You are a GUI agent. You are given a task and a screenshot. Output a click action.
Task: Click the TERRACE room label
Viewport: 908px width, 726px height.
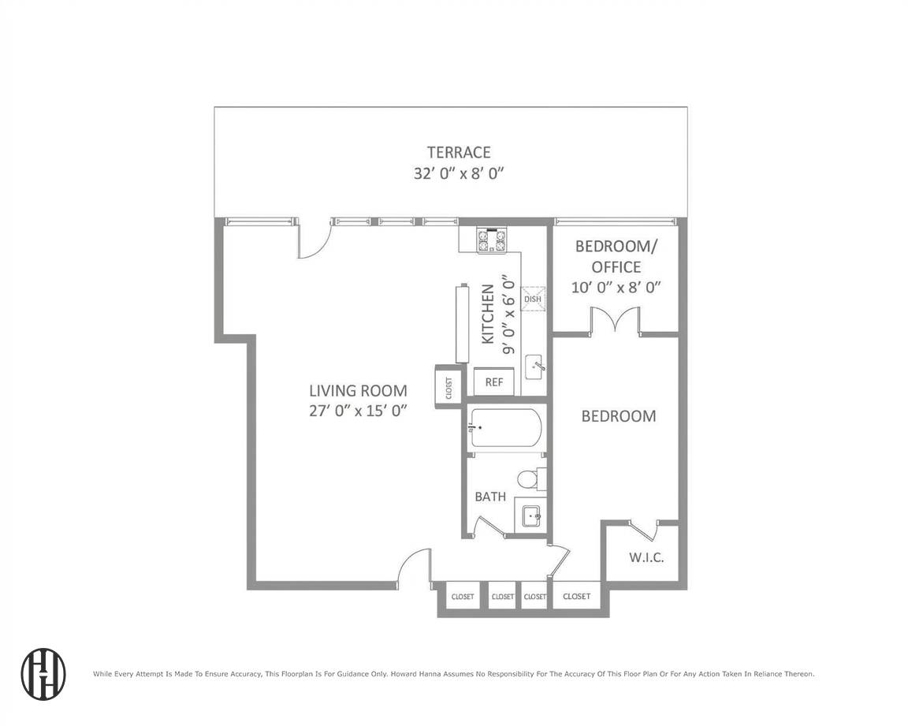point(459,152)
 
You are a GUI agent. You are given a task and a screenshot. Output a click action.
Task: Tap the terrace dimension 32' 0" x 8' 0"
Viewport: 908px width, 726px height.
point(459,173)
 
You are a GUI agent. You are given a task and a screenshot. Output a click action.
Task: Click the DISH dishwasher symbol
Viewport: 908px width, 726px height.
point(533,298)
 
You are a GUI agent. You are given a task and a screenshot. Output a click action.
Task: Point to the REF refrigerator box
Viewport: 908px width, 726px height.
point(494,382)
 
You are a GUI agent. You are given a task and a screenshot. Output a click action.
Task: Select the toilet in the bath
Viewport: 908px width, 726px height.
point(530,478)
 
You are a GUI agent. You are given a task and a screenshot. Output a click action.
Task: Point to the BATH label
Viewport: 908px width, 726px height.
point(490,497)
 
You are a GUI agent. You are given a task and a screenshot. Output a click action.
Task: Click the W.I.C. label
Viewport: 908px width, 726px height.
point(646,558)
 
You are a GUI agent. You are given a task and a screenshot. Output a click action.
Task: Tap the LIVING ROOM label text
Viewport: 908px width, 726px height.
point(358,390)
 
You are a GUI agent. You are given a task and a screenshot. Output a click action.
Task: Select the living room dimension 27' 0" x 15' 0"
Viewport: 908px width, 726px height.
point(358,410)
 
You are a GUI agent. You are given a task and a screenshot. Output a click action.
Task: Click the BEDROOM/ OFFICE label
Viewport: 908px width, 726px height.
point(616,256)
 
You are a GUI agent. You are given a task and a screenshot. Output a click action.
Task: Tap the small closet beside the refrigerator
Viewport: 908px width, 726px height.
point(448,386)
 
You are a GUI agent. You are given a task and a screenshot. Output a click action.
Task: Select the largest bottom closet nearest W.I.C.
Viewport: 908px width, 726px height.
point(576,597)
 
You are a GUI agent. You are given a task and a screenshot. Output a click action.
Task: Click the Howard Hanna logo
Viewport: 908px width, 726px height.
point(43,674)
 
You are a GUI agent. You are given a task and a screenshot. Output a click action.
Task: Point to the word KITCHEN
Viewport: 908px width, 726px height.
point(488,314)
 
